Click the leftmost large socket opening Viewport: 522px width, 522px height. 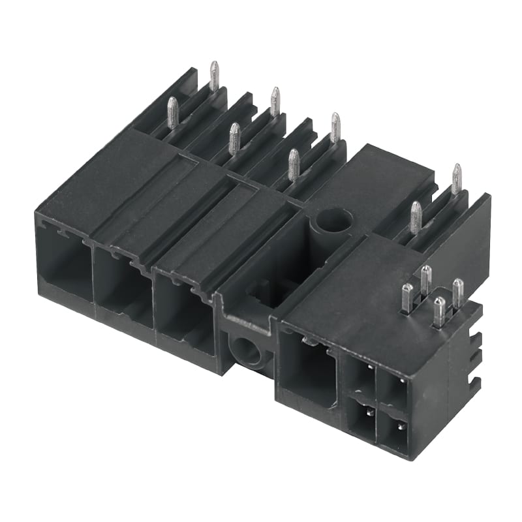point(64,264)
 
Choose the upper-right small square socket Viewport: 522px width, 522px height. point(393,390)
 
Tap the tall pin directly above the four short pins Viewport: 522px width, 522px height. point(415,217)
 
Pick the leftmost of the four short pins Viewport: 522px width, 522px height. point(407,298)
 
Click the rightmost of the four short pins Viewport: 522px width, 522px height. point(458,292)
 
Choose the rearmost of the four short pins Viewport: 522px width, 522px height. point(425,279)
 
